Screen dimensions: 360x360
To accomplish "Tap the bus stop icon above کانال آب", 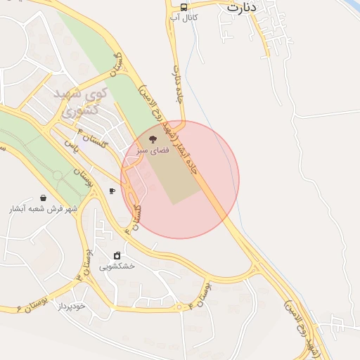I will click(x=184, y=7).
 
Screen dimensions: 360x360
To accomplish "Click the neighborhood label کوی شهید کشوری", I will click(x=80, y=103).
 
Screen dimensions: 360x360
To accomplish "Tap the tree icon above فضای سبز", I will click(x=153, y=139).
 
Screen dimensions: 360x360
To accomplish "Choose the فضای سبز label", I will click(x=153, y=150).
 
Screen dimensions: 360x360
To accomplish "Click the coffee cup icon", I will click(x=112, y=191).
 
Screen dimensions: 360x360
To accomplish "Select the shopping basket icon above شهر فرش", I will click(x=44, y=198).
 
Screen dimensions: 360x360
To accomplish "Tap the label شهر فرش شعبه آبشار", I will click(x=44, y=210).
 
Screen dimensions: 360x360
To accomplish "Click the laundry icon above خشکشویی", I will click(x=117, y=255).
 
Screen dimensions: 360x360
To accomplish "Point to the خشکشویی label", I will click(x=117, y=266).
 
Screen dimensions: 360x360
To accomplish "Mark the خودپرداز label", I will click(x=71, y=307).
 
